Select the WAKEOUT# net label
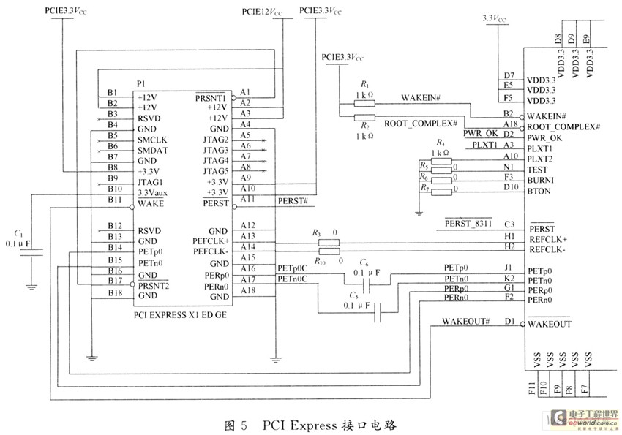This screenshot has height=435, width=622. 465,322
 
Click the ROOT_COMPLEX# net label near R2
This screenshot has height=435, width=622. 421,125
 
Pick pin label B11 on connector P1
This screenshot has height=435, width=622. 113,200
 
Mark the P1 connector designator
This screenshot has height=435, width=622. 141,83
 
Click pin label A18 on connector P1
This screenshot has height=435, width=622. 247,290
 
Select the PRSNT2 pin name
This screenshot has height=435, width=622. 154,285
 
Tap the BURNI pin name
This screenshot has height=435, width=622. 540,178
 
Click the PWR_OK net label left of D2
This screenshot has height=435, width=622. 481,135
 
